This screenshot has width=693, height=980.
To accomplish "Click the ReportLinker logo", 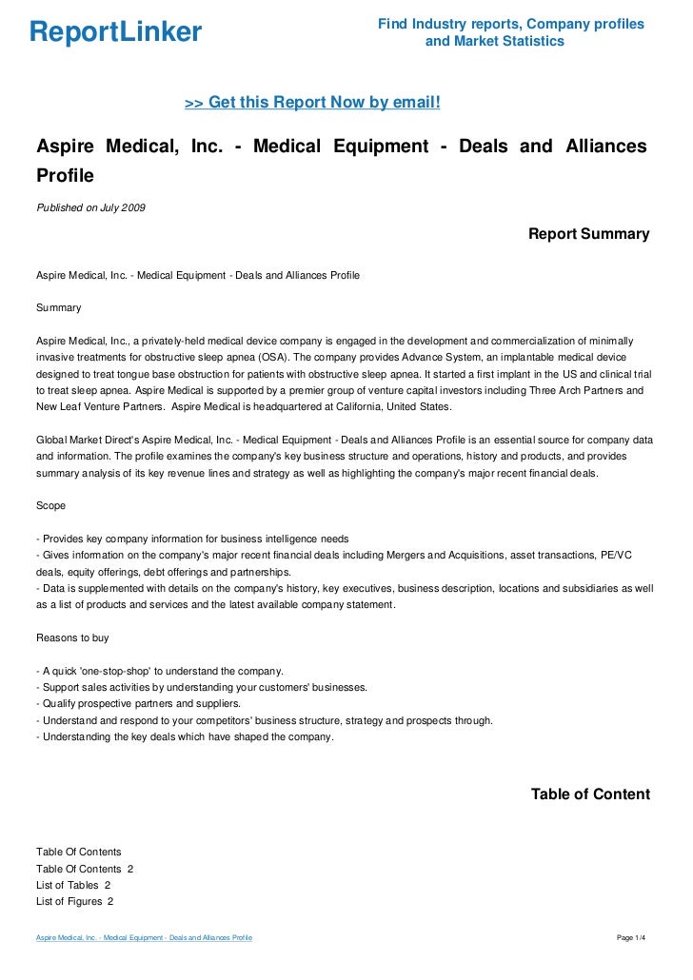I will pos(116,32).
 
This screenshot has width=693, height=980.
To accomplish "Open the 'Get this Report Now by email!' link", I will pos(312,102).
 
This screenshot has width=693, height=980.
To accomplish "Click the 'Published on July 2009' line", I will pos(90,207).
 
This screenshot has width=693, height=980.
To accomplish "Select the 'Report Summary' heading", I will pos(588,234).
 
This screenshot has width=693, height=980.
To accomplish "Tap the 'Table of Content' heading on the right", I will pos(590,794).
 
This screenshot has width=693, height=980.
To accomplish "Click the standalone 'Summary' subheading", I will pos(58,308).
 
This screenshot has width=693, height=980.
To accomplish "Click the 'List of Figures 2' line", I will pos(75,901).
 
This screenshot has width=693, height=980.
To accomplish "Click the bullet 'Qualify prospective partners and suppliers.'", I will pos(138,703).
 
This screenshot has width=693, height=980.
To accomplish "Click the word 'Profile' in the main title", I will pos(66,176).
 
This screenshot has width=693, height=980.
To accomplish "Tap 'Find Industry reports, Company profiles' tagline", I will pos(510,24).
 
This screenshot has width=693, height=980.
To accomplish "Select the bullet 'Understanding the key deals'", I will pos(185,736).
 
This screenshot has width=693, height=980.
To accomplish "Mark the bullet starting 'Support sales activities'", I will pos(201,687).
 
